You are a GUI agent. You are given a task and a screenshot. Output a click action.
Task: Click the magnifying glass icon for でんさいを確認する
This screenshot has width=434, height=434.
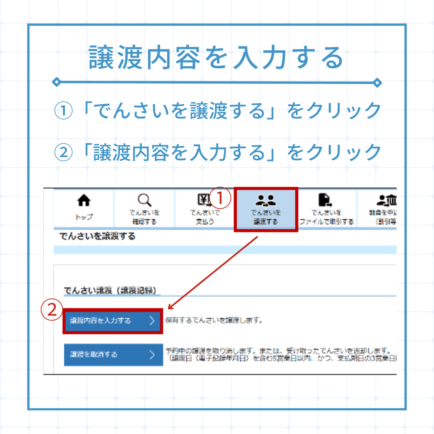point(144,200)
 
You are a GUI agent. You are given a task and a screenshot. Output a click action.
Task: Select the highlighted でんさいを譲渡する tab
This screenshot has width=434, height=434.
point(266,209)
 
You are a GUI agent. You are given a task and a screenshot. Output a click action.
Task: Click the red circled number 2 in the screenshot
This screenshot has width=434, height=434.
point(52,309)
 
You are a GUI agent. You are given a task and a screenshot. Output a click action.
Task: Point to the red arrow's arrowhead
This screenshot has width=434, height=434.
point(169,308)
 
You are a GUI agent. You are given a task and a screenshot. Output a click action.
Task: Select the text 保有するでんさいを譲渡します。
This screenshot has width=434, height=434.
point(214,321)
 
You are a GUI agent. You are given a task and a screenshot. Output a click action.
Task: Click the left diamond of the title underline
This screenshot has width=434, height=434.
point(57,82)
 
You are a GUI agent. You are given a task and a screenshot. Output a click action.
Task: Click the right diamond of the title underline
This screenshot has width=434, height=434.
point(377,82)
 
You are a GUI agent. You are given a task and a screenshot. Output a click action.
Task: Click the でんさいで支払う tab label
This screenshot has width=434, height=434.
point(205,217)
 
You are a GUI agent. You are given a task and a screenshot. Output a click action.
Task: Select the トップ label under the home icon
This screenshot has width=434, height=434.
point(84,217)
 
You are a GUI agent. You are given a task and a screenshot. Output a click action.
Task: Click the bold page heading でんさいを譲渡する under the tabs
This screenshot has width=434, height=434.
point(97,236)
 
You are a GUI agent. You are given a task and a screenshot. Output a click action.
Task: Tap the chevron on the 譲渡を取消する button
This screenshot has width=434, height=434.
point(152,354)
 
